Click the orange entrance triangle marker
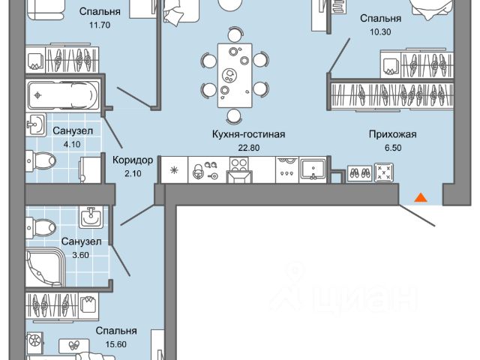click(421, 197)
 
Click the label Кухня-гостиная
click(232, 135)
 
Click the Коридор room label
click(133, 160)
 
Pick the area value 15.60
click(115, 343)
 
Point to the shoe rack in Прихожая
click(361, 172)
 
